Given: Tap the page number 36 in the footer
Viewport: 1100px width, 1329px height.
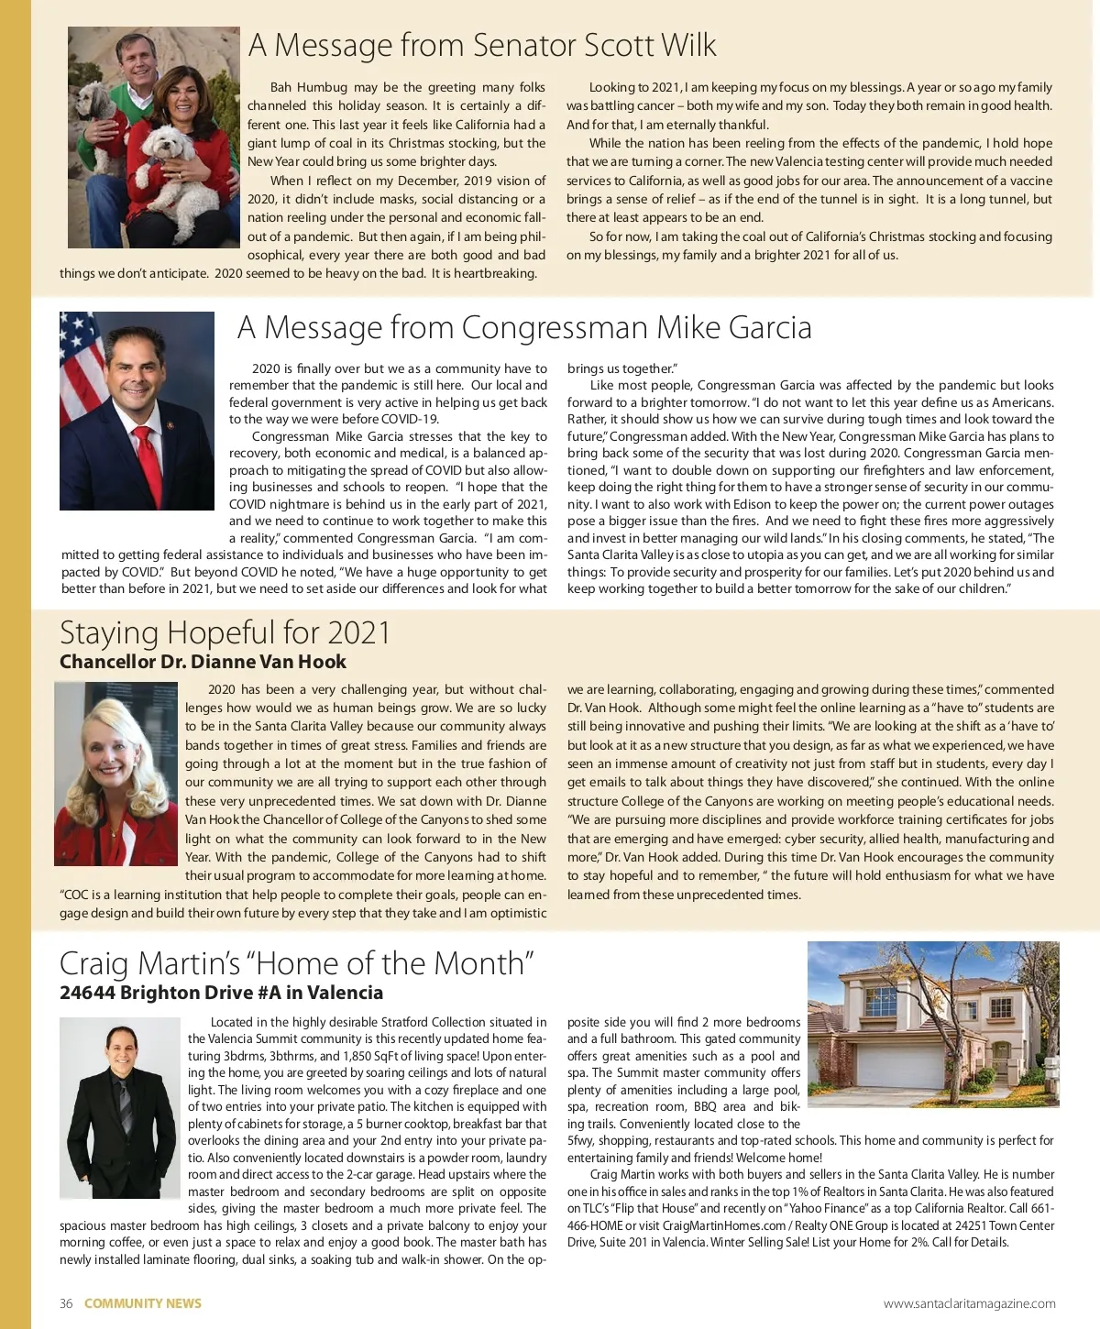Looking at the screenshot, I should [x=66, y=1303].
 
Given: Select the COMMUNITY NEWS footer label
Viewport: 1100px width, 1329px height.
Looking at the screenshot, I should [x=142, y=1303].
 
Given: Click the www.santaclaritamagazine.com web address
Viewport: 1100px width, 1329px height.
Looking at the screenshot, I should [x=969, y=1303].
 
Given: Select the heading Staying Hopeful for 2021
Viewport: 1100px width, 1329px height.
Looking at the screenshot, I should [x=225, y=632].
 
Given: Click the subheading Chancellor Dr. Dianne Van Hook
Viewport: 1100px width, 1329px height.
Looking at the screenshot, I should [x=203, y=662].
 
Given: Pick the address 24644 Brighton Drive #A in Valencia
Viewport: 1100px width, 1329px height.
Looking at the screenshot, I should [x=221, y=993].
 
